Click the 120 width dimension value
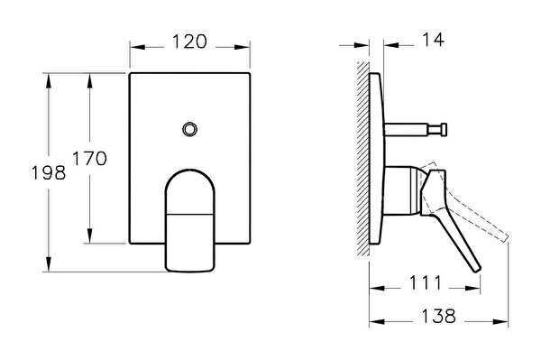click(x=189, y=42)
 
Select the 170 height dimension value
click(x=89, y=159)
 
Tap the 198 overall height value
click(x=49, y=172)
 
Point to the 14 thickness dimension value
click(x=433, y=40)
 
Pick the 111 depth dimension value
click(x=425, y=283)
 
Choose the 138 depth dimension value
click(x=438, y=316)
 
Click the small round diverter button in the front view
click(x=189, y=129)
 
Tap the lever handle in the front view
click(x=190, y=220)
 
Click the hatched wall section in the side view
click(x=362, y=160)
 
